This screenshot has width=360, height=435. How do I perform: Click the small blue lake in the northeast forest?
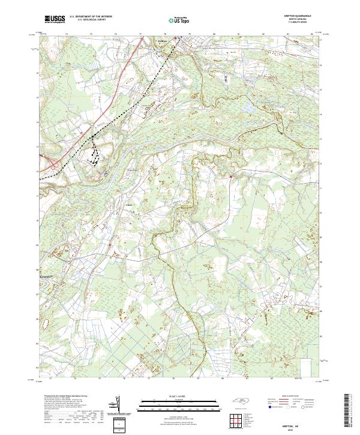(247, 109)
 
